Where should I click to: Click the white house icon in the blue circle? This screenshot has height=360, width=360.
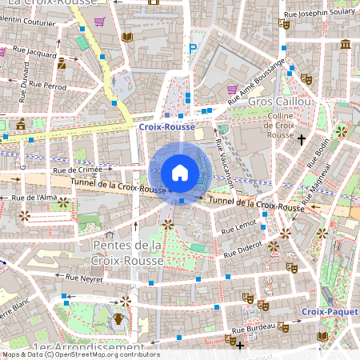point(180,172)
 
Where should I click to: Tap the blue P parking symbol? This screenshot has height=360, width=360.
point(192,49)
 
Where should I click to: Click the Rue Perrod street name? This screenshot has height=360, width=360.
point(50,85)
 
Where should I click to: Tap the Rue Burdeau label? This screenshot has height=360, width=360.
point(254,328)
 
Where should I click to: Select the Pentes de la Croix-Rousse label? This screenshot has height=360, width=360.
point(128,253)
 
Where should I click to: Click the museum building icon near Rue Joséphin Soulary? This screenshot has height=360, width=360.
point(345,43)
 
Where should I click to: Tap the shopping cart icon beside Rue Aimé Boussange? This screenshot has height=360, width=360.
point(232,90)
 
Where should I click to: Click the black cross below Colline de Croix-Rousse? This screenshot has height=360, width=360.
point(302,140)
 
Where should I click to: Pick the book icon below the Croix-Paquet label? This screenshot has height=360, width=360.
point(322,337)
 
